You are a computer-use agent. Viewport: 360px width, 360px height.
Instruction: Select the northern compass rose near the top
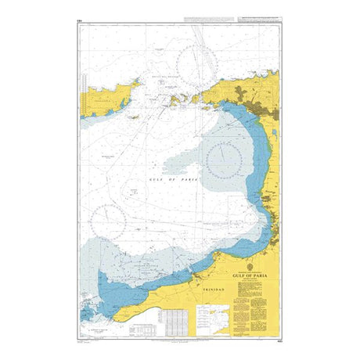(x=198, y=62)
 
